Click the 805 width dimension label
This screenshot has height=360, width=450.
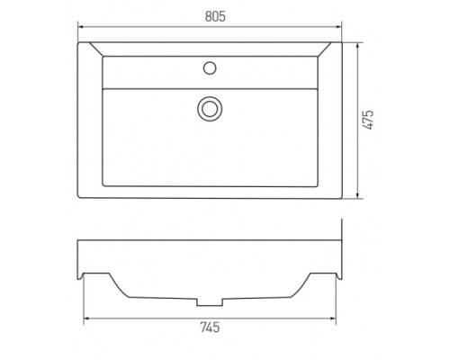(x=215, y=16)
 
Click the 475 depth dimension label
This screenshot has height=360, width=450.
(x=368, y=120)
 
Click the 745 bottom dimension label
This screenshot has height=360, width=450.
(x=210, y=327)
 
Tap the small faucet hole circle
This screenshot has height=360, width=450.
(x=210, y=68)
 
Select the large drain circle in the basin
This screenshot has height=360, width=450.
(x=210, y=109)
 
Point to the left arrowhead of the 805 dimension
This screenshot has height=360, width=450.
(x=81, y=27)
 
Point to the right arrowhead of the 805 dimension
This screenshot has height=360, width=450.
(x=338, y=27)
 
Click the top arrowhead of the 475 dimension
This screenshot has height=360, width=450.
(x=357, y=46)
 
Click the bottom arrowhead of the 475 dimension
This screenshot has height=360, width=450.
(x=357, y=195)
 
